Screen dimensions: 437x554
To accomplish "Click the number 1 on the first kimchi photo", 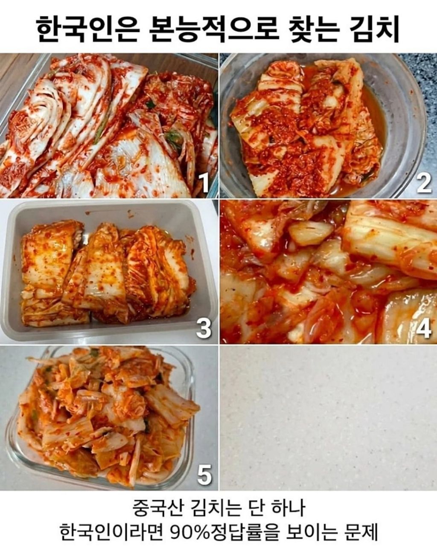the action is [204, 183].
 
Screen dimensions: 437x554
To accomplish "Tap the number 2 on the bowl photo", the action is [424, 183].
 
